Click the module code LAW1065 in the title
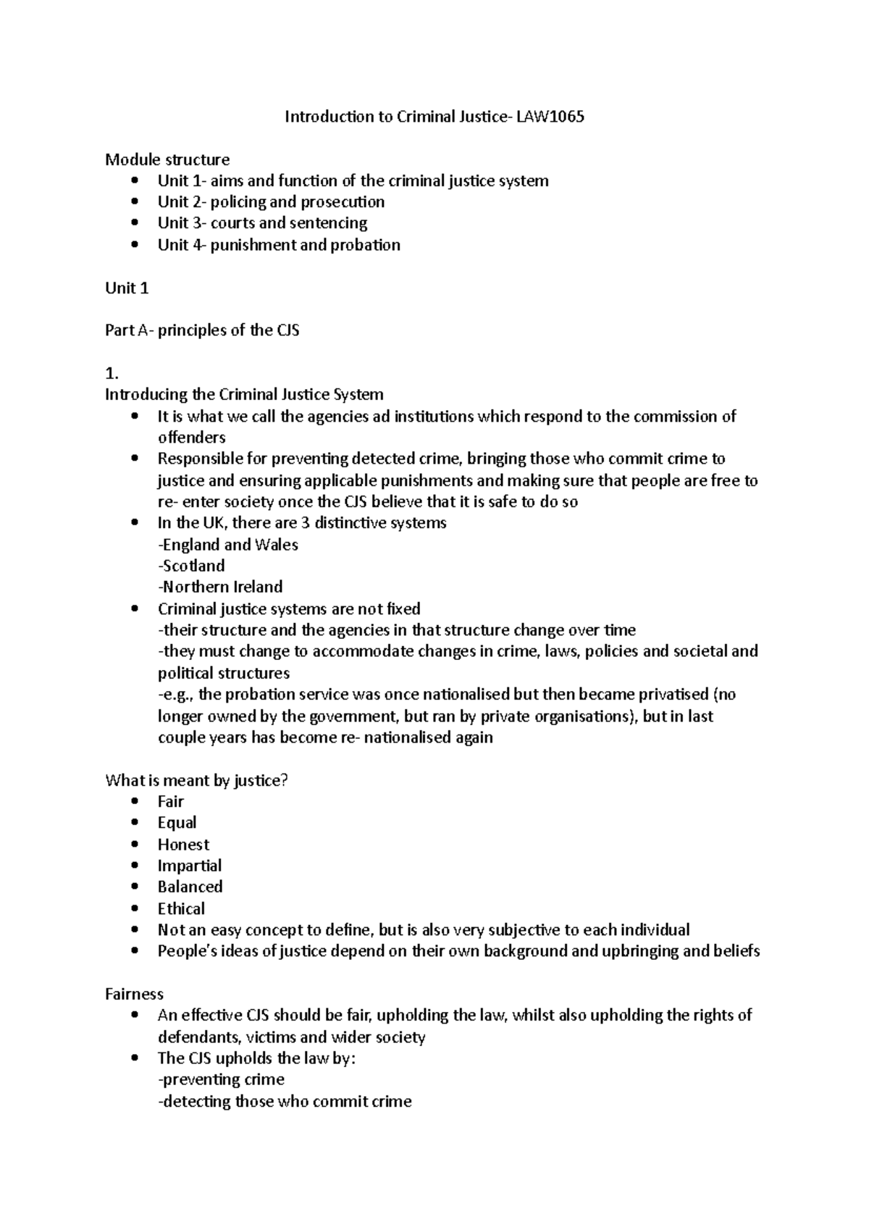550,117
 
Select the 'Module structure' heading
167,159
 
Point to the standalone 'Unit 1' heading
127,288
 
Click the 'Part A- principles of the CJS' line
202,331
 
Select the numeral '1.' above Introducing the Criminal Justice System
111,374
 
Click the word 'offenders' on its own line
191,438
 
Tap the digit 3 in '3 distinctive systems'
305,523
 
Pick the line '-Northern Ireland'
220,587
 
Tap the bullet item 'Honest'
183,845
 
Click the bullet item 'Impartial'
190,866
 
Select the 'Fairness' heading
134,994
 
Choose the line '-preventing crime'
221,1079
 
